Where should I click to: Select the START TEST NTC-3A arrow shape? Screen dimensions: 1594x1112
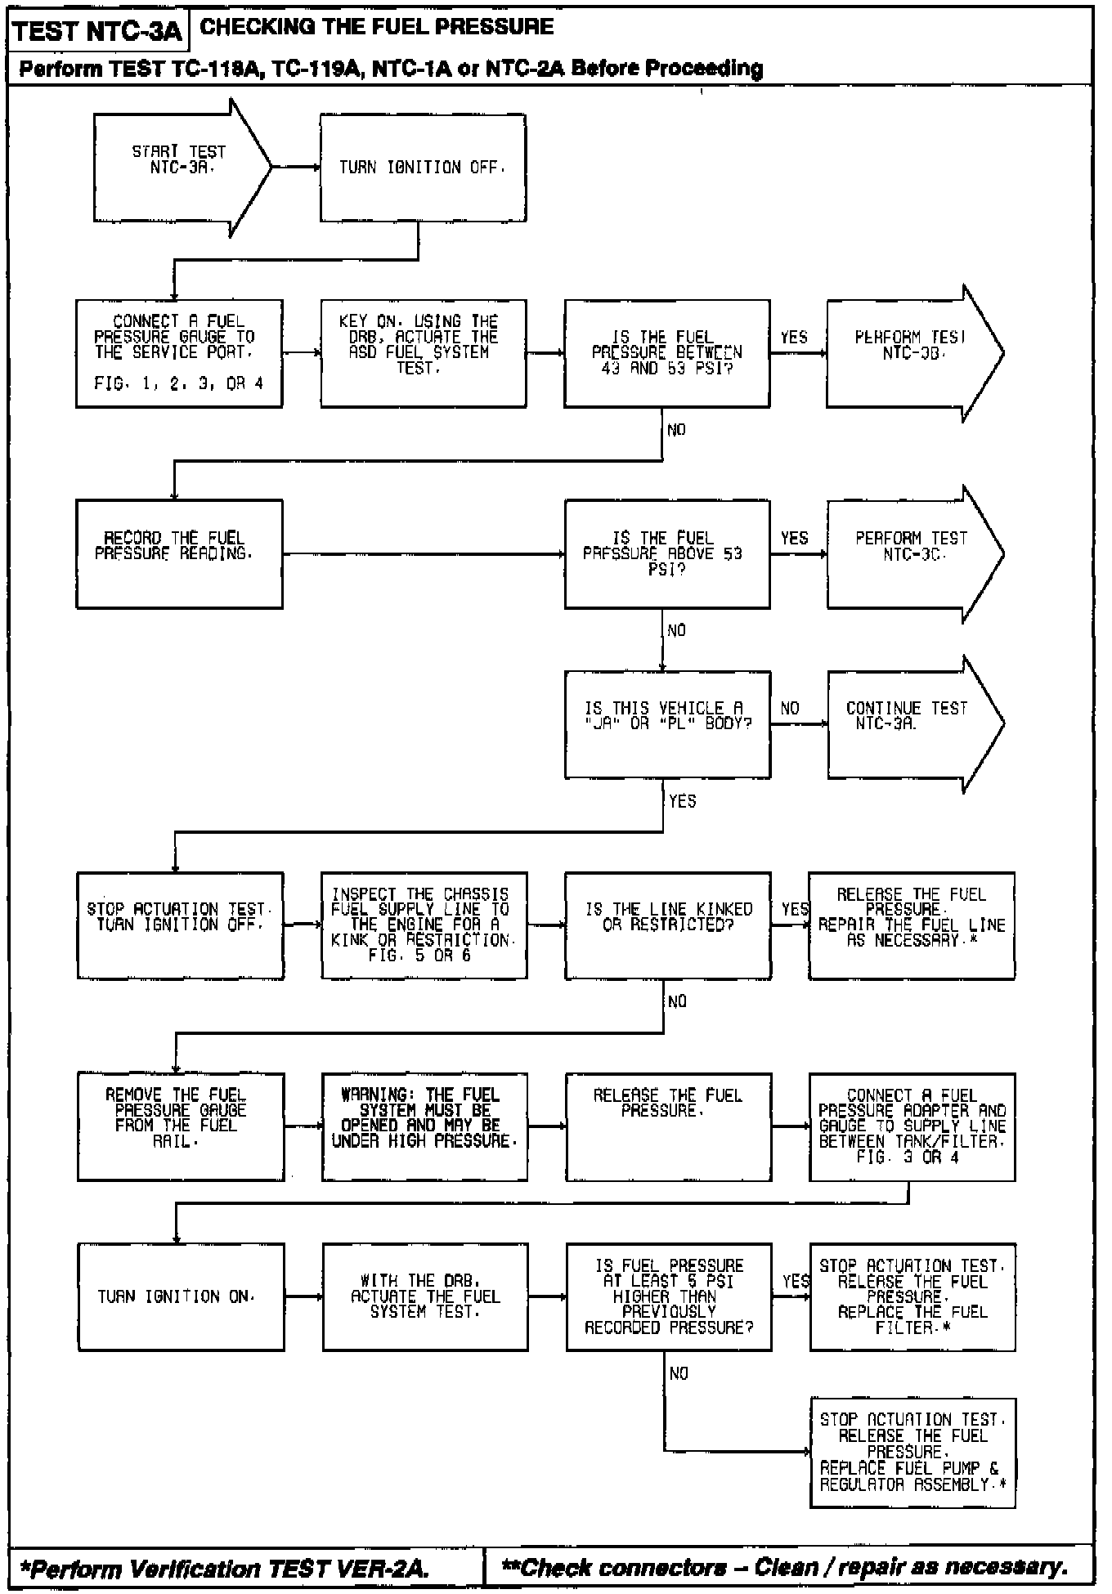tap(180, 168)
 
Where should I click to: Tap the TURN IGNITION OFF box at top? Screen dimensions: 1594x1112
tap(423, 168)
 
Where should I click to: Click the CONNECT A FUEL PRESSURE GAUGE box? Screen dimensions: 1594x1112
tap(179, 353)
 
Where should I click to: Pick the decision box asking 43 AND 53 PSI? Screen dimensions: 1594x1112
tap(667, 353)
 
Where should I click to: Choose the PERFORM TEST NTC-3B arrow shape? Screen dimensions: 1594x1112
tap(912, 353)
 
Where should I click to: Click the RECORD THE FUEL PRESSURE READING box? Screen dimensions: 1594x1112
tap(179, 553)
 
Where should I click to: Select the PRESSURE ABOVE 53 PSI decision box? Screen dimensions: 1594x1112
tap(667, 553)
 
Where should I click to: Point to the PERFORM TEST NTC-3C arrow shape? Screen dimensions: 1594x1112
tap(912, 553)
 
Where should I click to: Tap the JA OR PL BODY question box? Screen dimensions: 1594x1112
tap(667, 723)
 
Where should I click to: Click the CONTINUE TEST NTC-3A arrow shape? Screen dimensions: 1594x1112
tap(912, 723)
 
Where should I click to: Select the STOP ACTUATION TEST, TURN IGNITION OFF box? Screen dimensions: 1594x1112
tap(180, 925)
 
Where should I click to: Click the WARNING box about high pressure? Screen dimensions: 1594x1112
tap(424, 1126)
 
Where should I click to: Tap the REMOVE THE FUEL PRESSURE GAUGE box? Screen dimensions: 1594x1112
tap(180, 1126)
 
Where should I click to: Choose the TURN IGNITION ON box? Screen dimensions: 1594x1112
tap(181, 1296)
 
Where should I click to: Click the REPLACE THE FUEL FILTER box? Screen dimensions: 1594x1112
tap(912, 1296)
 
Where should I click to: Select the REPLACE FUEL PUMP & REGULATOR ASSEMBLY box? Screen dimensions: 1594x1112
tap(912, 1453)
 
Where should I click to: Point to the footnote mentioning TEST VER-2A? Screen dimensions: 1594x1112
tap(225, 1568)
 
